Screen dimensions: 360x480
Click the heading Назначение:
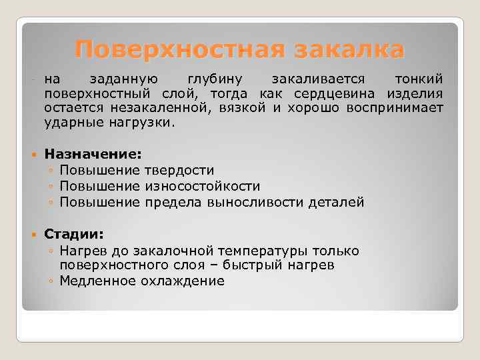[x=93, y=154]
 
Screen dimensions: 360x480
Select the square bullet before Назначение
[x=34, y=155]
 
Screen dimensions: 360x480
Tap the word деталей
[x=337, y=202]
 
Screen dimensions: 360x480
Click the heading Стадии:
[x=74, y=235]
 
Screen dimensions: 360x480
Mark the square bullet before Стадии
[x=34, y=235]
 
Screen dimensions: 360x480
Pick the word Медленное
[x=97, y=281]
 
